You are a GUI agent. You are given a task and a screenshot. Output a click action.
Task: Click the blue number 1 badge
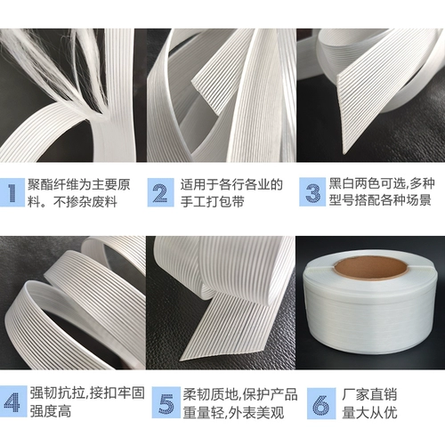[x=12, y=192]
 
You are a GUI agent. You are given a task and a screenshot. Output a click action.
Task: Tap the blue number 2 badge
[x=161, y=192]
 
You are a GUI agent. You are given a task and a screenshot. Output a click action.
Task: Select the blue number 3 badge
[x=312, y=192]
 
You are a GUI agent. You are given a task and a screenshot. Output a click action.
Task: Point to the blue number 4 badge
[x=12, y=402]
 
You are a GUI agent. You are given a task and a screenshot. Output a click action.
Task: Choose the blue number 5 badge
[x=166, y=402]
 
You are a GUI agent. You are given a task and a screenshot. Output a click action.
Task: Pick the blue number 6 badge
[x=321, y=403]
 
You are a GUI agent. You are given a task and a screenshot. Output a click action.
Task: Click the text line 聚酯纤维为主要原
[x=79, y=185]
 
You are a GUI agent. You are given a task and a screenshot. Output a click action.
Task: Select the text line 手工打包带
[x=213, y=202]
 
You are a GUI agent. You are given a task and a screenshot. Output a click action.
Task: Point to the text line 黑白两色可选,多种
[x=382, y=184]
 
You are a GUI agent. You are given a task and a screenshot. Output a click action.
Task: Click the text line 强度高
[x=51, y=412]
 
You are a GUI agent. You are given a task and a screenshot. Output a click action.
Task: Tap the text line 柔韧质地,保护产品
[x=240, y=394]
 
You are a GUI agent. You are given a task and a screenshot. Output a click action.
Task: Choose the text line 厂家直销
[x=369, y=394]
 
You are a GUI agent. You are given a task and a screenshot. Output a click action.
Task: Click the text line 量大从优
[x=369, y=412]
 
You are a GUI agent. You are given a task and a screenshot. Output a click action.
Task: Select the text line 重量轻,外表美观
[x=233, y=413]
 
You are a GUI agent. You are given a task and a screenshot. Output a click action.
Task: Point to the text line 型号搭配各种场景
[x=380, y=200]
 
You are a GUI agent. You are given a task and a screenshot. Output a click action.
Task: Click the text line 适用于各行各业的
[x=231, y=185]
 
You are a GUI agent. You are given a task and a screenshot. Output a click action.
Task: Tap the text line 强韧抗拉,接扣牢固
[x=87, y=393]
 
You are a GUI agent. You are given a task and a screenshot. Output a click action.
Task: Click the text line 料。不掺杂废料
[x=72, y=202]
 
